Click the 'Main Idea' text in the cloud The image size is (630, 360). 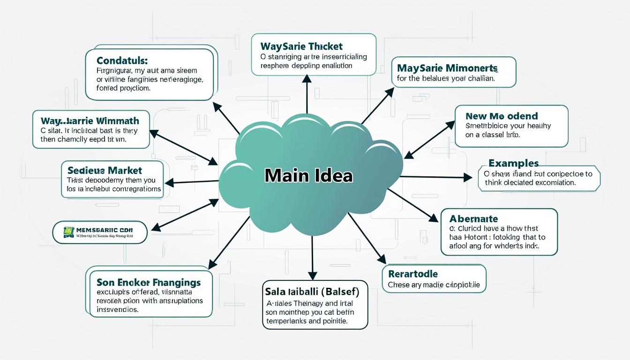tap(308, 175)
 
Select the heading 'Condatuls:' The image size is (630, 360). tap(122, 61)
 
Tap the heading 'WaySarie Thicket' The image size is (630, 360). tap(301, 46)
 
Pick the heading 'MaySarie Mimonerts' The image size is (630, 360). tap(447, 67)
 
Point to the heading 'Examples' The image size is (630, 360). tap(513, 163)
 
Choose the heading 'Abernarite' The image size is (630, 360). tap(473, 218)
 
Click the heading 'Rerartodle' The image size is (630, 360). tap(413, 273)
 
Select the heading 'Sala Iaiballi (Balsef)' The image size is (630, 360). tap(312, 292)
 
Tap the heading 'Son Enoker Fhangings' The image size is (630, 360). tap(149, 282)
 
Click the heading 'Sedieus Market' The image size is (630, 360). tap(105, 170)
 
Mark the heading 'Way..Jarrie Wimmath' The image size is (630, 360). tap(90, 121)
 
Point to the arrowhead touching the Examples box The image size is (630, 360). tap(468, 177)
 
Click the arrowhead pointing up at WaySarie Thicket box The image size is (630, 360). tap(307, 78)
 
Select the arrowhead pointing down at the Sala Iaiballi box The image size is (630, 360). tap(313, 276)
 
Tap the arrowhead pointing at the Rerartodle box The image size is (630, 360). tap(382, 259)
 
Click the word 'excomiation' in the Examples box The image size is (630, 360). tap(553, 183)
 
